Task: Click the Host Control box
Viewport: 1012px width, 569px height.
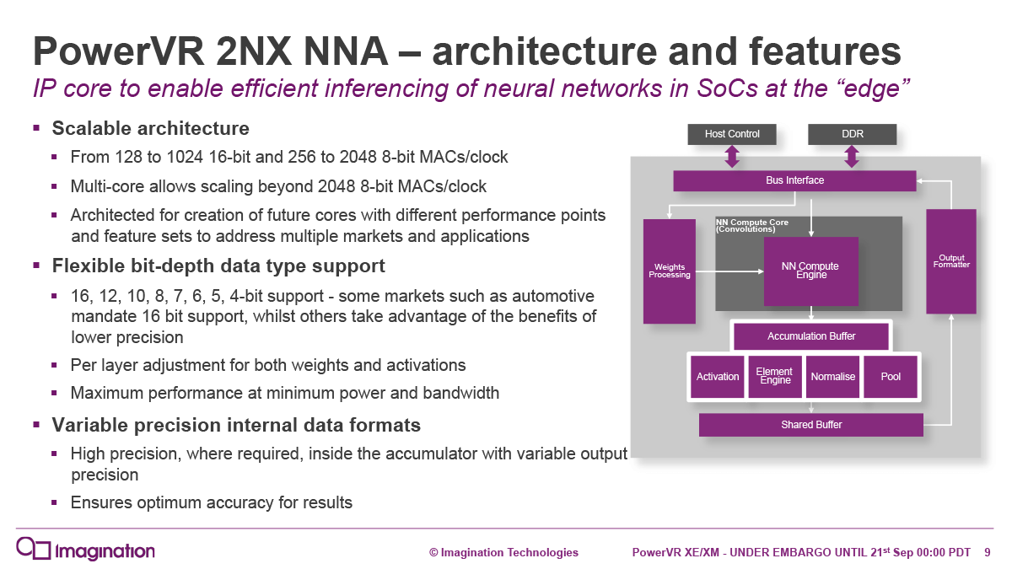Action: [732, 134]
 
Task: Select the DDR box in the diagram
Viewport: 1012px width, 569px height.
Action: [852, 134]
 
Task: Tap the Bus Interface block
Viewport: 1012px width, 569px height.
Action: [794, 180]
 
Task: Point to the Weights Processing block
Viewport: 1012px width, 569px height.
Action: [669, 271]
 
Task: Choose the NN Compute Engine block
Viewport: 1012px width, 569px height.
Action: [810, 271]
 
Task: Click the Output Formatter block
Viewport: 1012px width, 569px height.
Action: [951, 261]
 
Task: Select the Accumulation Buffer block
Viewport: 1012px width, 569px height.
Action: [811, 336]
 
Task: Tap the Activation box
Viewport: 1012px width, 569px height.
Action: [718, 376]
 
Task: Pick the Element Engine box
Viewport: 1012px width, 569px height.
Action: [775, 376]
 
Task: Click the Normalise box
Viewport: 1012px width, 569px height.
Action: [832, 376]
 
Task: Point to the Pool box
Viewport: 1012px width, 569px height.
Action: [891, 376]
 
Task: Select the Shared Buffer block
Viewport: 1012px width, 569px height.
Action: [810, 425]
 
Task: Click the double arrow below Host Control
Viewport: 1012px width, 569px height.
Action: [732, 157]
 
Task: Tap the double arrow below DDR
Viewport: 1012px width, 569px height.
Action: [852, 157]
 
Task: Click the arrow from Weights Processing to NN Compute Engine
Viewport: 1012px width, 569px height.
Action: [729, 271]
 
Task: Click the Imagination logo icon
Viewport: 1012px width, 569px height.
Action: [34, 548]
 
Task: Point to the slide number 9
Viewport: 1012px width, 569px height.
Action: [988, 553]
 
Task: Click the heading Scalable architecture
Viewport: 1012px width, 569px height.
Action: [150, 129]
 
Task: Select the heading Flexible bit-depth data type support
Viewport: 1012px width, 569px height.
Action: [218, 266]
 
